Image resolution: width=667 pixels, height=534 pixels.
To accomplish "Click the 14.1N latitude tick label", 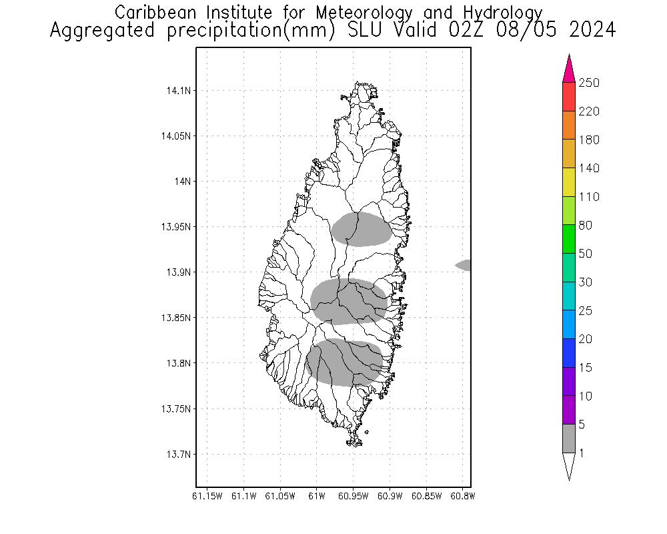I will tap(177, 90).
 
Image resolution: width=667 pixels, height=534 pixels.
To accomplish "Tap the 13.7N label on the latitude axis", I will tap(177, 455).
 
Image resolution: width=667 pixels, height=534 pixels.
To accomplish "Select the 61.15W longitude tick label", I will tap(206, 496).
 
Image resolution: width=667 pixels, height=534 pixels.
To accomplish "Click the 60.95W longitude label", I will tap(354, 496).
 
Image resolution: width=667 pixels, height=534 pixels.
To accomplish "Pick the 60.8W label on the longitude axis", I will tap(463, 496).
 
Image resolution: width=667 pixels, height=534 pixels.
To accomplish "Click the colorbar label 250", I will tap(589, 83).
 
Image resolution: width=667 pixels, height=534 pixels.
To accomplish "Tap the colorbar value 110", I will tap(589, 197).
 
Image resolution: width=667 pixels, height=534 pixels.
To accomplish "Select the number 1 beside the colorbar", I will tap(582, 453).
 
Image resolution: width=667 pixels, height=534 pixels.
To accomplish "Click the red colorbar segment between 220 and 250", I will tap(569, 97).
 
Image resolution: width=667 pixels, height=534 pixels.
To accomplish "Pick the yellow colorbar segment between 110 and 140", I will tap(569, 182).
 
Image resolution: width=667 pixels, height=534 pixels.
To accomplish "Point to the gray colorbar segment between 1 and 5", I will tap(569, 439).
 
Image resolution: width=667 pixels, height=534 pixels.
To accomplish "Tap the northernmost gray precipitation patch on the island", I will tap(362, 229).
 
